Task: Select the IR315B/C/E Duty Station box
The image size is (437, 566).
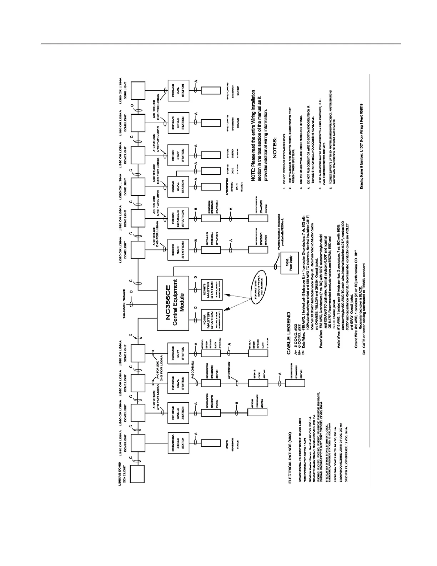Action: click(177, 352)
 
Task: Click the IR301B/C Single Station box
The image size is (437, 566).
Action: click(177, 218)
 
